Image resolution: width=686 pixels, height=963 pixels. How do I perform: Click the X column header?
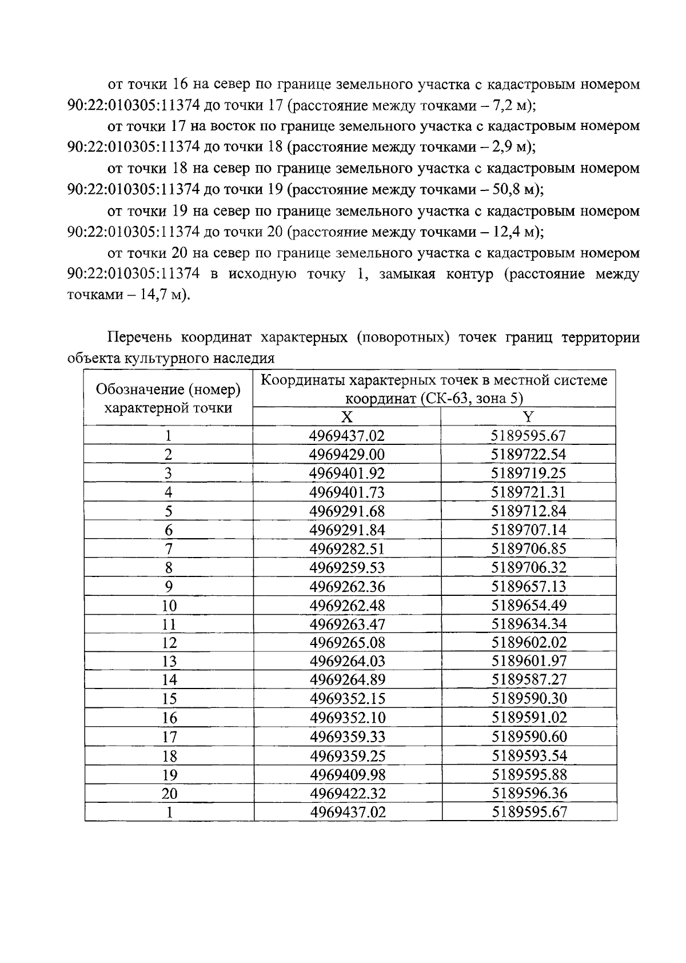coord(347,417)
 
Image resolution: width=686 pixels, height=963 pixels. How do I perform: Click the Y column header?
coord(528,417)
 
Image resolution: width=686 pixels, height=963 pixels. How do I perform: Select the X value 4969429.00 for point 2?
coord(347,455)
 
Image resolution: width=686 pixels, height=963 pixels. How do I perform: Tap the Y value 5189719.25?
coord(528,473)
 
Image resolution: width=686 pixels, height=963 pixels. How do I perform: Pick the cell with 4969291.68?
coord(347,511)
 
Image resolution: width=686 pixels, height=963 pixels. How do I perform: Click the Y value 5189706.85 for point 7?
coord(528,548)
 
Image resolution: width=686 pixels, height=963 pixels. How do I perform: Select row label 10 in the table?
coord(169,605)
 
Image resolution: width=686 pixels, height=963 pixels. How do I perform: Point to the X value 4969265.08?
coord(347,642)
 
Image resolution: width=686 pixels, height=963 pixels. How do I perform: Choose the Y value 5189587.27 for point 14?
coord(528,680)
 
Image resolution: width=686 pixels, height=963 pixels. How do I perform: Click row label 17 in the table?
coord(169,737)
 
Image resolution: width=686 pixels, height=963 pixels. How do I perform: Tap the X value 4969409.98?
coord(347,774)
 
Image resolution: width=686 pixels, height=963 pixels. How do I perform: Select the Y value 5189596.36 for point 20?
coord(528,793)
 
